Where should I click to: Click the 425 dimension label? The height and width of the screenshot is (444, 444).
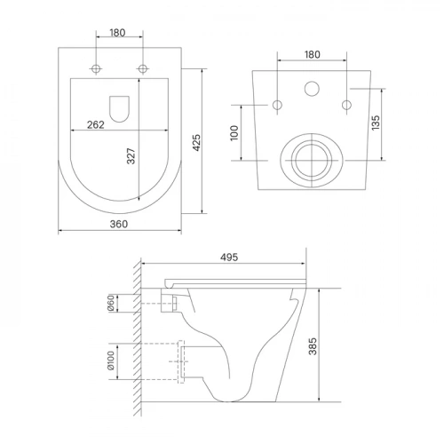(197, 143)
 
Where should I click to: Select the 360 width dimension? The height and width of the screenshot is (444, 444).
(119, 224)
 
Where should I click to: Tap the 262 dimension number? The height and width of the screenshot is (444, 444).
(96, 124)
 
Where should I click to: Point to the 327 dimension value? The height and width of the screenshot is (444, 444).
(131, 156)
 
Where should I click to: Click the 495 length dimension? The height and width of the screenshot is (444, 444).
(229, 258)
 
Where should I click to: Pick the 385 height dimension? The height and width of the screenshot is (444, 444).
(313, 346)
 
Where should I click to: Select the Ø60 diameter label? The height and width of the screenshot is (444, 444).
(111, 303)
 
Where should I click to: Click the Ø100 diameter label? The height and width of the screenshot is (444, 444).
(111, 361)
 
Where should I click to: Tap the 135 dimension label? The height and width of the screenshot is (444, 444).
(376, 123)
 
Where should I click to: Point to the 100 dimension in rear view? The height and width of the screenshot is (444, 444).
(234, 133)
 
